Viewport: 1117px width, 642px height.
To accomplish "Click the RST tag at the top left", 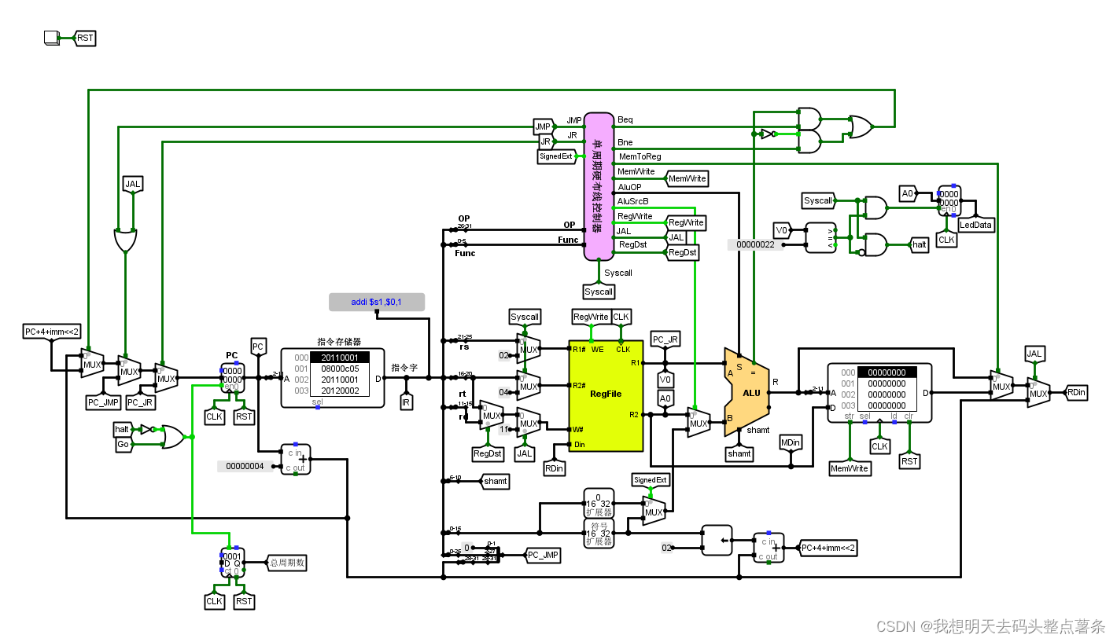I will click(85, 38).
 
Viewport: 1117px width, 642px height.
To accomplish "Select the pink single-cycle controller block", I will click(599, 185).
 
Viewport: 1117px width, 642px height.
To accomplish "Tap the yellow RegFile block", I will click(605, 395).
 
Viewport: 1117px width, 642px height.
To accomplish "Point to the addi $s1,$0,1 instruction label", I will click(377, 302).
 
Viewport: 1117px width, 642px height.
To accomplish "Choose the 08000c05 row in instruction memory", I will click(340, 369).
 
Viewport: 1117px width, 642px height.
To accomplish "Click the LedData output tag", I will click(975, 225).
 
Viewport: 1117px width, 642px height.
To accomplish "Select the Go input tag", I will click(123, 445).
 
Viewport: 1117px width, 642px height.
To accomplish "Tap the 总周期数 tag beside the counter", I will click(287, 563).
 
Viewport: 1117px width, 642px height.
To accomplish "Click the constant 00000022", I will click(755, 245).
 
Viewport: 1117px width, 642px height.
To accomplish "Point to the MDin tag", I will click(791, 442).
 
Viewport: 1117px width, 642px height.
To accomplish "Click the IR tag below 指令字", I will click(407, 402).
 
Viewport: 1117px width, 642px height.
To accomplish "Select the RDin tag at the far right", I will click(1076, 392).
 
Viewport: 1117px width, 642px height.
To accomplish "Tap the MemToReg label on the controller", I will click(640, 157).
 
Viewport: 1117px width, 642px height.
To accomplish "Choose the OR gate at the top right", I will click(860, 127).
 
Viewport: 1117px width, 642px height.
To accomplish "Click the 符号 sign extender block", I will click(599, 533).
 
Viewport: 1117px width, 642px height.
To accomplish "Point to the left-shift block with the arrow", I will click(717, 540).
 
